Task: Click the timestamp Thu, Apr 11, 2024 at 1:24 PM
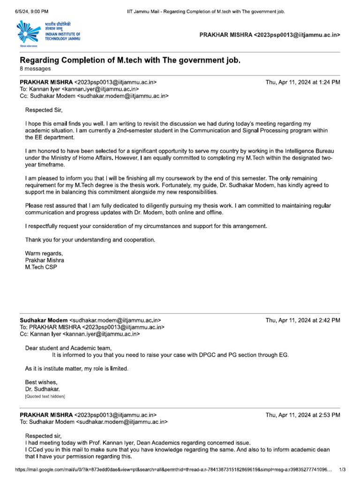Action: [x=302, y=82]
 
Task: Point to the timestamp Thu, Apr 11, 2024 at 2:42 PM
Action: [x=302, y=321]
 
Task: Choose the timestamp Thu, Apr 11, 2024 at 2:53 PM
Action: [x=302, y=415]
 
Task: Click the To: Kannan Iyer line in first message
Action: [x=79, y=89]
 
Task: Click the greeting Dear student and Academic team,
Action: [x=68, y=348]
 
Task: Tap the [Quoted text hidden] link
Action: [x=45, y=396]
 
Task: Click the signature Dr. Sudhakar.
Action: [x=42, y=389]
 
